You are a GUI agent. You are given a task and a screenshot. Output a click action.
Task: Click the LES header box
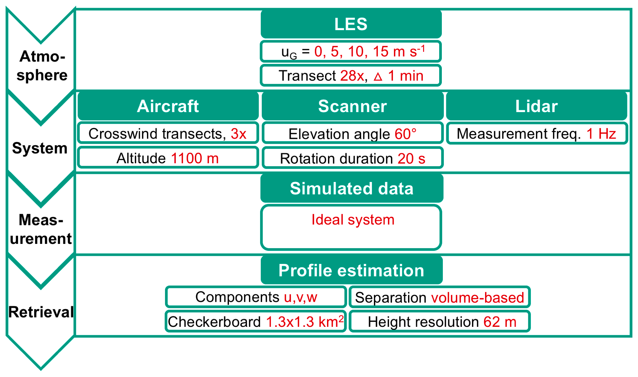(x=351, y=24)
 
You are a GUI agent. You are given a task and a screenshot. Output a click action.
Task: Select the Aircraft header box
(x=168, y=106)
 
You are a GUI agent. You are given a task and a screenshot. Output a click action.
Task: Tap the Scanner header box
(x=352, y=106)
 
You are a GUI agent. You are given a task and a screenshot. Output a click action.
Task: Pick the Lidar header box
(x=536, y=106)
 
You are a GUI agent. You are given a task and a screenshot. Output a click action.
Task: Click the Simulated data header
(x=351, y=188)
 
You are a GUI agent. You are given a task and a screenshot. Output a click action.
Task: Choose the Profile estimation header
(x=351, y=270)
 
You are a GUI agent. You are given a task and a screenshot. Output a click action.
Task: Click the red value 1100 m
(x=194, y=158)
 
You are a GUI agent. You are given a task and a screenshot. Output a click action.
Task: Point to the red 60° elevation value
(x=405, y=134)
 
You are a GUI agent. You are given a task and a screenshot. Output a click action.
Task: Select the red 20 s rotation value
(x=411, y=159)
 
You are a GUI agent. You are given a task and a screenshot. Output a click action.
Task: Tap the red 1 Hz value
(x=601, y=134)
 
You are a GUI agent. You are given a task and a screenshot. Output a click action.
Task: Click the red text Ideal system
(x=353, y=220)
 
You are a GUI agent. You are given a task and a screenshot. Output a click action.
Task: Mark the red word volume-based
(x=477, y=298)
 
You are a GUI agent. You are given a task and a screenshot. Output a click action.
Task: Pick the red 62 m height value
(x=500, y=322)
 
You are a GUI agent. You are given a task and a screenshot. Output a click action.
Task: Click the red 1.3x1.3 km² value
(x=305, y=322)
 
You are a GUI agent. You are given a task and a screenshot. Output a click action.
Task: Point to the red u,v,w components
(x=300, y=297)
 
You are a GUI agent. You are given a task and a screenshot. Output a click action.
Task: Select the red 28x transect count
(x=352, y=76)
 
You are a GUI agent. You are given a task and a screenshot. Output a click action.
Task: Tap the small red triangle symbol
(x=378, y=77)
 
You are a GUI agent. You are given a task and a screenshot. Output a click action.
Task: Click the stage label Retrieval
(x=41, y=312)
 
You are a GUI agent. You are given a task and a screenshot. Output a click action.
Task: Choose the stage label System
(x=40, y=148)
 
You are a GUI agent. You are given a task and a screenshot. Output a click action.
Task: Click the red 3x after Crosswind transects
(x=238, y=134)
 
